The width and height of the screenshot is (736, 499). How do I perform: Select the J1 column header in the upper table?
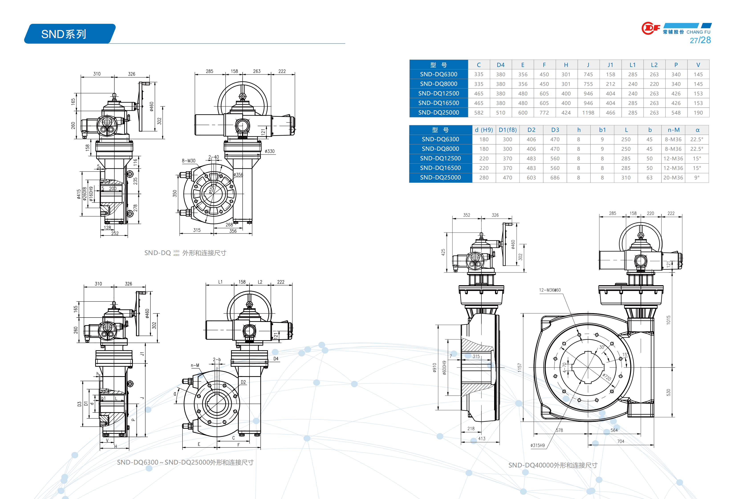(x=610, y=65)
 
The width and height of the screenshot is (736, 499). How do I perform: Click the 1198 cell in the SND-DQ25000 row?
(x=588, y=113)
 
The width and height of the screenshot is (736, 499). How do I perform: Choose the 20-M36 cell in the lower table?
(x=673, y=177)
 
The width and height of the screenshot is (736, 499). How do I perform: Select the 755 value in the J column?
(x=588, y=84)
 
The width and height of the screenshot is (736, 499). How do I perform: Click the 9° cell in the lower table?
(x=697, y=177)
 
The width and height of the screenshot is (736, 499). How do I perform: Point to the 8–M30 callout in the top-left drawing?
(x=189, y=161)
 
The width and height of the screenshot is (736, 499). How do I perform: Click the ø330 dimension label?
(x=270, y=151)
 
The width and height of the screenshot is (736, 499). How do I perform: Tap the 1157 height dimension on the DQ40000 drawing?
(x=519, y=367)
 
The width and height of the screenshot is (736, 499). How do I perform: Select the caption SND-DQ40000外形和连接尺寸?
(x=553, y=465)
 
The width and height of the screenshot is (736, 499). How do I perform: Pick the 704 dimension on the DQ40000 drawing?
(x=620, y=441)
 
